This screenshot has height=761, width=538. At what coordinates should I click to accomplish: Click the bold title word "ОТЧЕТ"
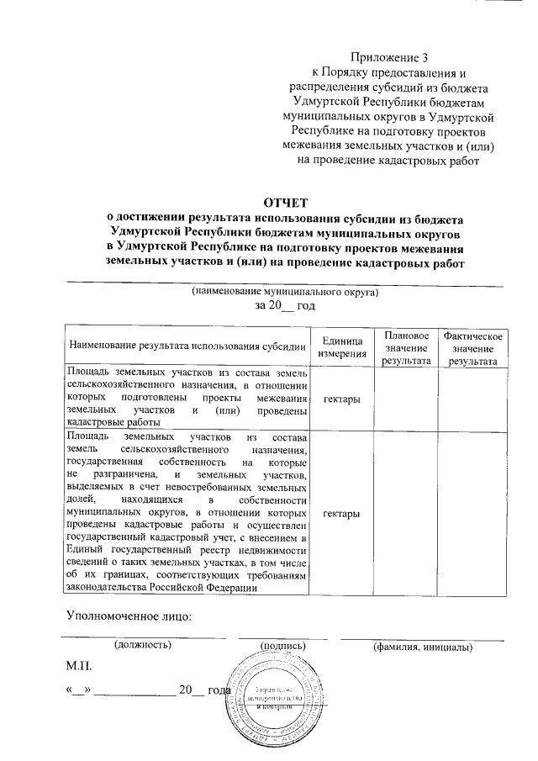286,203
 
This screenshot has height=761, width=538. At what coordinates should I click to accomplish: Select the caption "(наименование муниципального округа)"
285,293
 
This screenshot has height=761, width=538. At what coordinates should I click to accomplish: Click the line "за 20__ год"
285,307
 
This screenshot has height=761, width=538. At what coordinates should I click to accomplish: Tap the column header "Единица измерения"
342,346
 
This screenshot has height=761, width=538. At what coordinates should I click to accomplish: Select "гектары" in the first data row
342,398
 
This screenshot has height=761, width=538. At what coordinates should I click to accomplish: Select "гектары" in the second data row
342,513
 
